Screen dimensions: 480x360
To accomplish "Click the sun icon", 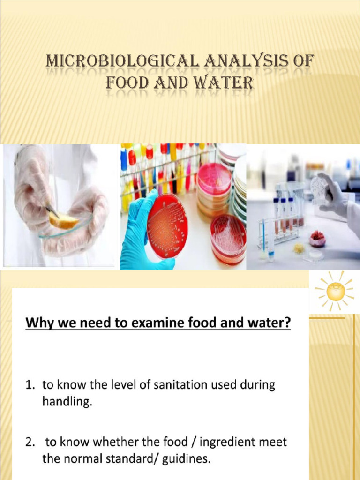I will (335, 291).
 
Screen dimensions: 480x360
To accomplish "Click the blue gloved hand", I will (141, 234).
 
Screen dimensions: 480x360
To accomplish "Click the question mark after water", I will (286, 323).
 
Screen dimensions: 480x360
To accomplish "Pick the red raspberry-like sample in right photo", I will (317, 240).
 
